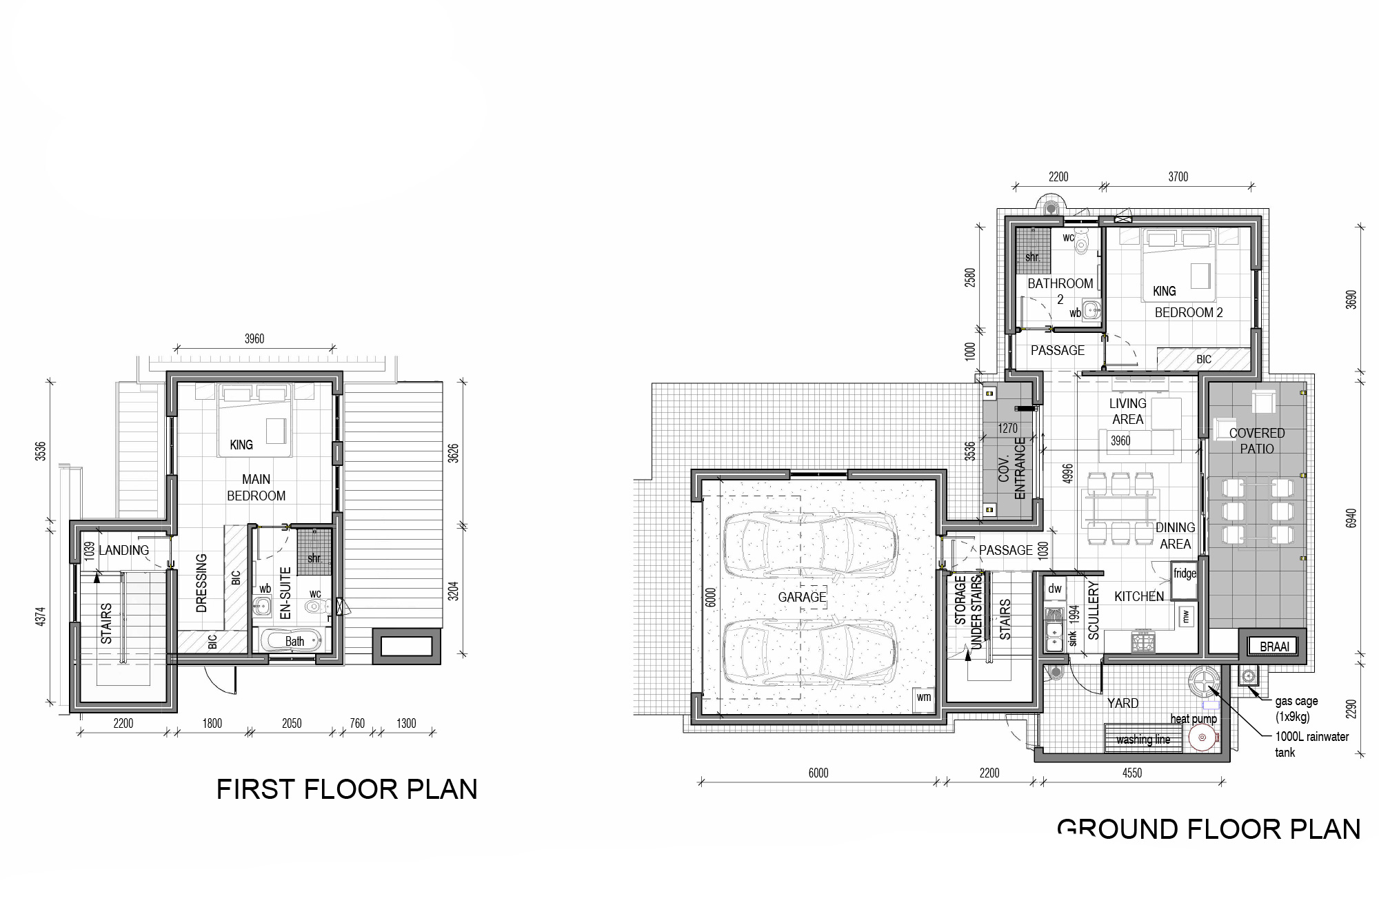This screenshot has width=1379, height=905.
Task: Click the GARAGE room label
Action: (x=802, y=597)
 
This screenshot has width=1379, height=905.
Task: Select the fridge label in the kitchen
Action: (x=1185, y=573)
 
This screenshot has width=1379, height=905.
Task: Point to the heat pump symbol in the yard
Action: (x=1203, y=738)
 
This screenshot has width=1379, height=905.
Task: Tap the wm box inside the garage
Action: (x=923, y=698)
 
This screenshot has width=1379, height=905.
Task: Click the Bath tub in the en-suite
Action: (x=294, y=640)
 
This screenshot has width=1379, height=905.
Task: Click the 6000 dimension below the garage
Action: (x=818, y=773)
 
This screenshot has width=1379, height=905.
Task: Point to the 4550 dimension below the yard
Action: (x=1132, y=773)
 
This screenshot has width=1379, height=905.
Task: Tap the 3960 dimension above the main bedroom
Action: (x=254, y=338)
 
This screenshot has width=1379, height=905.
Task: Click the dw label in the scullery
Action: (x=1055, y=589)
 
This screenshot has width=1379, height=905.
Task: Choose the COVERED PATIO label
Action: (x=1257, y=440)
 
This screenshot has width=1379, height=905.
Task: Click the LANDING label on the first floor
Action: (x=124, y=550)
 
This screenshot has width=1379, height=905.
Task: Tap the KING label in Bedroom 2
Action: (x=1165, y=291)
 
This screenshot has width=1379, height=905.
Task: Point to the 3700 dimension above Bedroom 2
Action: (x=1178, y=177)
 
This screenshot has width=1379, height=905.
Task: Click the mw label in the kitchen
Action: (x=1187, y=616)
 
